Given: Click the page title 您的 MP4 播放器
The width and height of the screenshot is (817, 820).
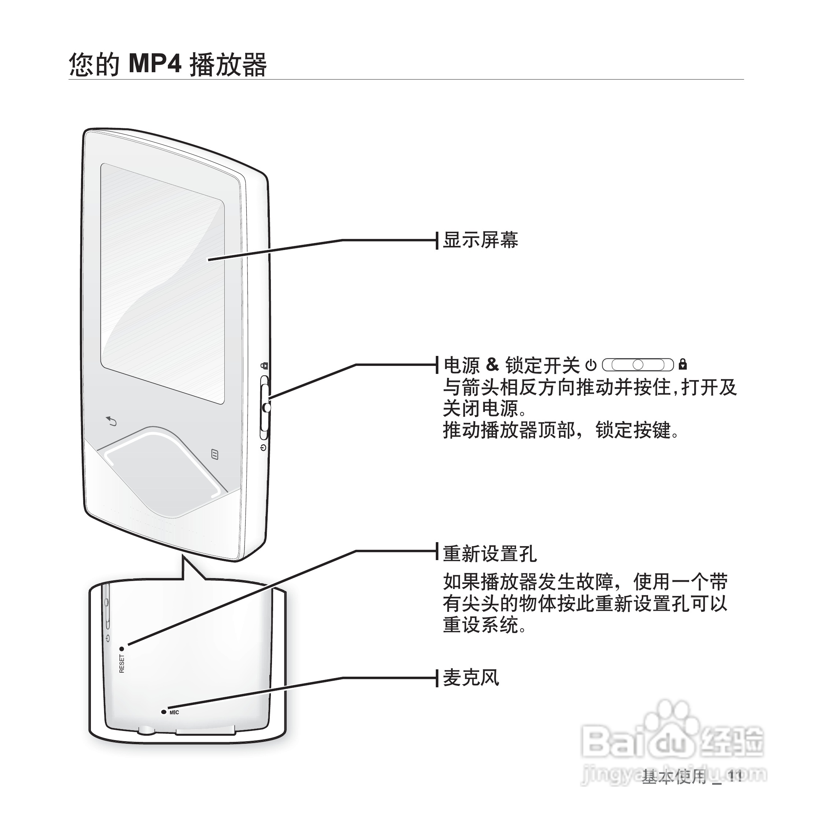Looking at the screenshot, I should click(x=168, y=65).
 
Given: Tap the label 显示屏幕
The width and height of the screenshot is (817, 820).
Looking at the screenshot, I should click(x=480, y=240).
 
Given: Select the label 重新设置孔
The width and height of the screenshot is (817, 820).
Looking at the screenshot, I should click(x=490, y=554).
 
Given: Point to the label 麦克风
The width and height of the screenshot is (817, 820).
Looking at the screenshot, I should click(x=471, y=678).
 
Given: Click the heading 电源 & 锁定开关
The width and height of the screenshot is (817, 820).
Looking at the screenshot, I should click(x=511, y=365).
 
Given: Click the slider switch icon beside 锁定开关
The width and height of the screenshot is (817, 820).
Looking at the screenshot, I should click(x=637, y=365).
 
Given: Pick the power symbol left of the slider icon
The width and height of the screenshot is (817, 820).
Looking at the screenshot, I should click(x=591, y=365).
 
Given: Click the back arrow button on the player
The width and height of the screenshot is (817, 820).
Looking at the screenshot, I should click(x=111, y=422).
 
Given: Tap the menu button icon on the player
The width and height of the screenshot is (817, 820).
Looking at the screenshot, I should click(x=215, y=455).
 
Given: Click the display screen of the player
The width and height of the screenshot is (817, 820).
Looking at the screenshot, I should click(x=162, y=283).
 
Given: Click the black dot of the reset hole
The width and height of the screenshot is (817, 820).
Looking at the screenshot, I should click(x=122, y=649).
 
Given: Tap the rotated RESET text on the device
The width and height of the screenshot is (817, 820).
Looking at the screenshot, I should click(x=122, y=664).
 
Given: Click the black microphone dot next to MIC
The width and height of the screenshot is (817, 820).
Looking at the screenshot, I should click(x=163, y=712).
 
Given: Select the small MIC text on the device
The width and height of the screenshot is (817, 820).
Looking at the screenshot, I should click(x=174, y=712).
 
